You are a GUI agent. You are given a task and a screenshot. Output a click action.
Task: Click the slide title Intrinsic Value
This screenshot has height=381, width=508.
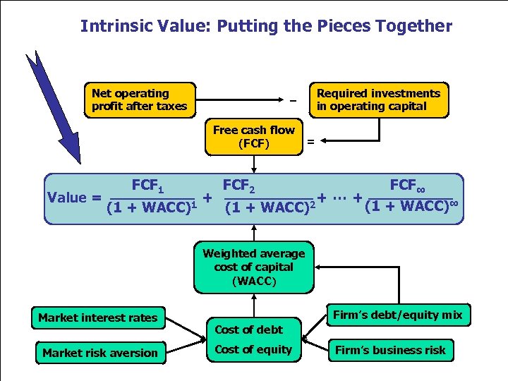(x=266, y=26)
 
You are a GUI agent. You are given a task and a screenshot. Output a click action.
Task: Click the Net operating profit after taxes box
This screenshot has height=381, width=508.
(x=140, y=100)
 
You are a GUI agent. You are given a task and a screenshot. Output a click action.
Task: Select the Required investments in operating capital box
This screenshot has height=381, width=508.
(x=378, y=100)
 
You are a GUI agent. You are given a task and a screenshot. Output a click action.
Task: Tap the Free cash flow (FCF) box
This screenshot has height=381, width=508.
(x=253, y=137)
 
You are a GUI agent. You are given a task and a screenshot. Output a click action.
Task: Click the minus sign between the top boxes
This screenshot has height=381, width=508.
(x=292, y=100)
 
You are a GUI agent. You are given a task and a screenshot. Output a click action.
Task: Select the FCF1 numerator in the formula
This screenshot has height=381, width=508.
(x=148, y=187)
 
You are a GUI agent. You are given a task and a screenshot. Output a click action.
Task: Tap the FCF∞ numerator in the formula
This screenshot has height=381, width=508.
(x=408, y=187)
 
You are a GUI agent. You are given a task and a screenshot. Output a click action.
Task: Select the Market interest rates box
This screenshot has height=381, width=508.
(x=98, y=317)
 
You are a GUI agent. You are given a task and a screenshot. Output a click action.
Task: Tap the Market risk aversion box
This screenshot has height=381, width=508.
(x=99, y=352)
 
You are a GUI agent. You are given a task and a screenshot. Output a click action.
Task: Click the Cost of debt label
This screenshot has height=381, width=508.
(x=248, y=329)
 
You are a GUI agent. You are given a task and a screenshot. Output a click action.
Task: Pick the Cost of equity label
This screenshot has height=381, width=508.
(x=253, y=349)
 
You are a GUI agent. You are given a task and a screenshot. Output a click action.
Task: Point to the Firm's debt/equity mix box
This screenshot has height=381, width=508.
(x=398, y=315)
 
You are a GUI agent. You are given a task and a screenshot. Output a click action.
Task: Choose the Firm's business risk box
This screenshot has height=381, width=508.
(x=390, y=350)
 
